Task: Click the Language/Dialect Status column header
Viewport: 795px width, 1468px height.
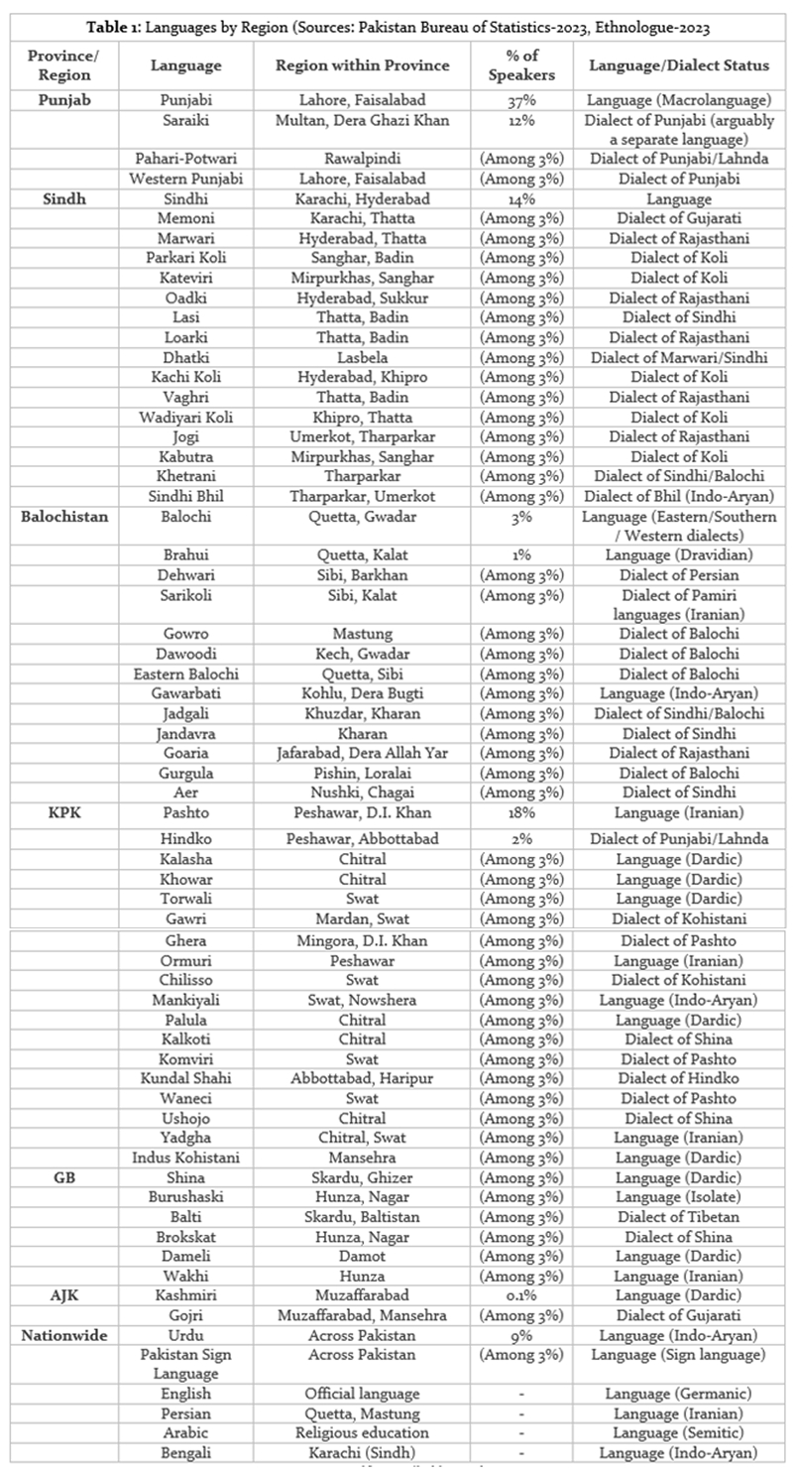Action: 678,65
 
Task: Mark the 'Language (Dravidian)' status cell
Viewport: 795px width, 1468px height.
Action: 678,555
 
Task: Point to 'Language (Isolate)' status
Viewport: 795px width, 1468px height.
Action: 678,1197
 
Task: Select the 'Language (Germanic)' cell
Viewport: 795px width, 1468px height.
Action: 678,1394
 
